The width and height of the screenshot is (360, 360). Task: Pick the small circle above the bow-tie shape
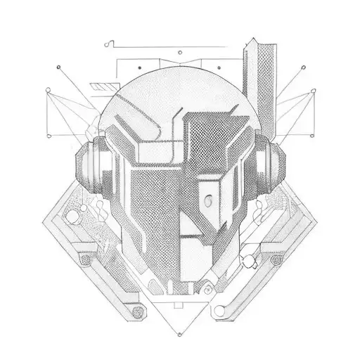coord(180,52)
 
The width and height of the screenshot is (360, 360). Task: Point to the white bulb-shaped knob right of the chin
coord(247,264)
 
